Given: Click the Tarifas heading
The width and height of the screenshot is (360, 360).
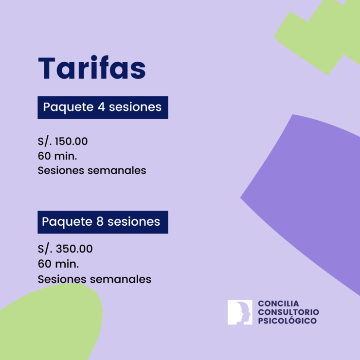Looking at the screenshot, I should (91, 68).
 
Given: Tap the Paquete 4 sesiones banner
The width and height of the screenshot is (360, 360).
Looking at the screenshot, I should (103, 107).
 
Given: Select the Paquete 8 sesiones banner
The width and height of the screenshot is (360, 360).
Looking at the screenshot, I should (103, 222).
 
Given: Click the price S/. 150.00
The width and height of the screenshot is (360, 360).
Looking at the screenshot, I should (63, 142).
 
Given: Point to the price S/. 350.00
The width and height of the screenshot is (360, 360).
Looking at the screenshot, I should (65, 249).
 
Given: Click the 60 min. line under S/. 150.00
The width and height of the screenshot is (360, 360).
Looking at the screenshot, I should (56, 156).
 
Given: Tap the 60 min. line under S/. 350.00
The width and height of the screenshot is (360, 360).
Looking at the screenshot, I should (58, 264).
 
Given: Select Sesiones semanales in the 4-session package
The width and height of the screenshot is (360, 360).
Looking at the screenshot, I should (91, 171).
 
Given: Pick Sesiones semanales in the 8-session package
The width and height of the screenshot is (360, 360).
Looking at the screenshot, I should (94, 279).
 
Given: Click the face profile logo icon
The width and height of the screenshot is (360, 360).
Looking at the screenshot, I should (240, 312).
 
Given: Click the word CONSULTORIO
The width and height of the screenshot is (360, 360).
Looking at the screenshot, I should (288, 312).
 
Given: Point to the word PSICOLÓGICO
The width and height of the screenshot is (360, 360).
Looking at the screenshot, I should (287, 321).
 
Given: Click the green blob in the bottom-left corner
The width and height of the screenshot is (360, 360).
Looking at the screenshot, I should (49, 321).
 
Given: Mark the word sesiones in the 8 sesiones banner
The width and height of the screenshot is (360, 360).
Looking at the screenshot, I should (133, 222).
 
